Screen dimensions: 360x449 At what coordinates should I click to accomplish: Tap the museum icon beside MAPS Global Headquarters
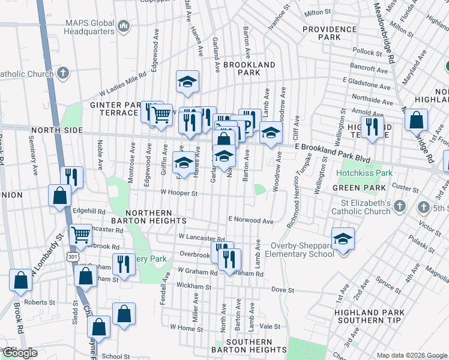pos(124,25)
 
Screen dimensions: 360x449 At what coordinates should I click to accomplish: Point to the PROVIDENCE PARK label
pos(330,33)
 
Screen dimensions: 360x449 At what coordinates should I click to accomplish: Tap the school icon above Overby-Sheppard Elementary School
pos(343,238)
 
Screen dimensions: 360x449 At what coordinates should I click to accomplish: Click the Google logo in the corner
pos(19,353)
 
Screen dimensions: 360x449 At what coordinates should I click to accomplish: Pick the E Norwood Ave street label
pos(250,221)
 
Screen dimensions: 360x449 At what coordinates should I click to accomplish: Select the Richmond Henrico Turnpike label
pos(301,190)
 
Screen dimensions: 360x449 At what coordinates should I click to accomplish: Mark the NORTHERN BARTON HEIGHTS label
pos(156,217)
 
